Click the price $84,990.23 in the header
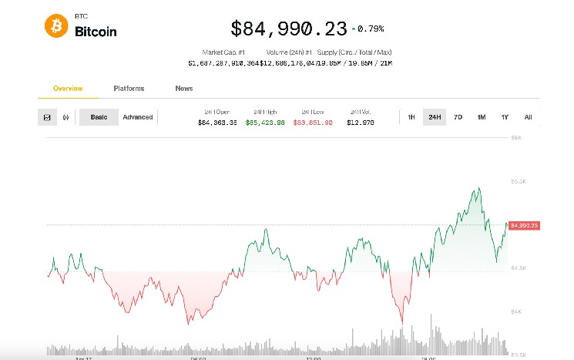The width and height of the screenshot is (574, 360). [289, 29]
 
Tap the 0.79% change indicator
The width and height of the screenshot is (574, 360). [368, 29]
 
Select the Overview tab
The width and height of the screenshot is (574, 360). [68, 89]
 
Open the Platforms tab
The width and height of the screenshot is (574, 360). [129, 89]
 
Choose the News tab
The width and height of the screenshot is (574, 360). [184, 89]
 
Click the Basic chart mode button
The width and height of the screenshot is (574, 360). [99, 117]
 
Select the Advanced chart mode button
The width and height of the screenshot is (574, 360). [138, 117]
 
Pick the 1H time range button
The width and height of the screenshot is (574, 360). [411, 117]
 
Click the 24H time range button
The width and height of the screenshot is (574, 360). [435, 117]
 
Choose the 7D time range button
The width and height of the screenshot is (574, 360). [458, 117]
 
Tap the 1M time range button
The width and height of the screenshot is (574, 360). [481, 117]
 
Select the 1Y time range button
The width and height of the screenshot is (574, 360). [505, 117]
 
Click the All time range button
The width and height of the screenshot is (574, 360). [528, 117]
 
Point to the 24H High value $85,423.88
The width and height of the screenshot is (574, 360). [265, 123]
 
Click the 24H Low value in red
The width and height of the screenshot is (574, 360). [311, 123]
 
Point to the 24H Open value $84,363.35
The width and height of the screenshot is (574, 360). [217, 123]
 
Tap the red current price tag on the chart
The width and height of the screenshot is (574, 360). [523, 225]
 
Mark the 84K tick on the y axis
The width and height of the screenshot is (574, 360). [517, 311]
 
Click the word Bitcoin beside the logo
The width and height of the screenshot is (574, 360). [96, 32]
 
